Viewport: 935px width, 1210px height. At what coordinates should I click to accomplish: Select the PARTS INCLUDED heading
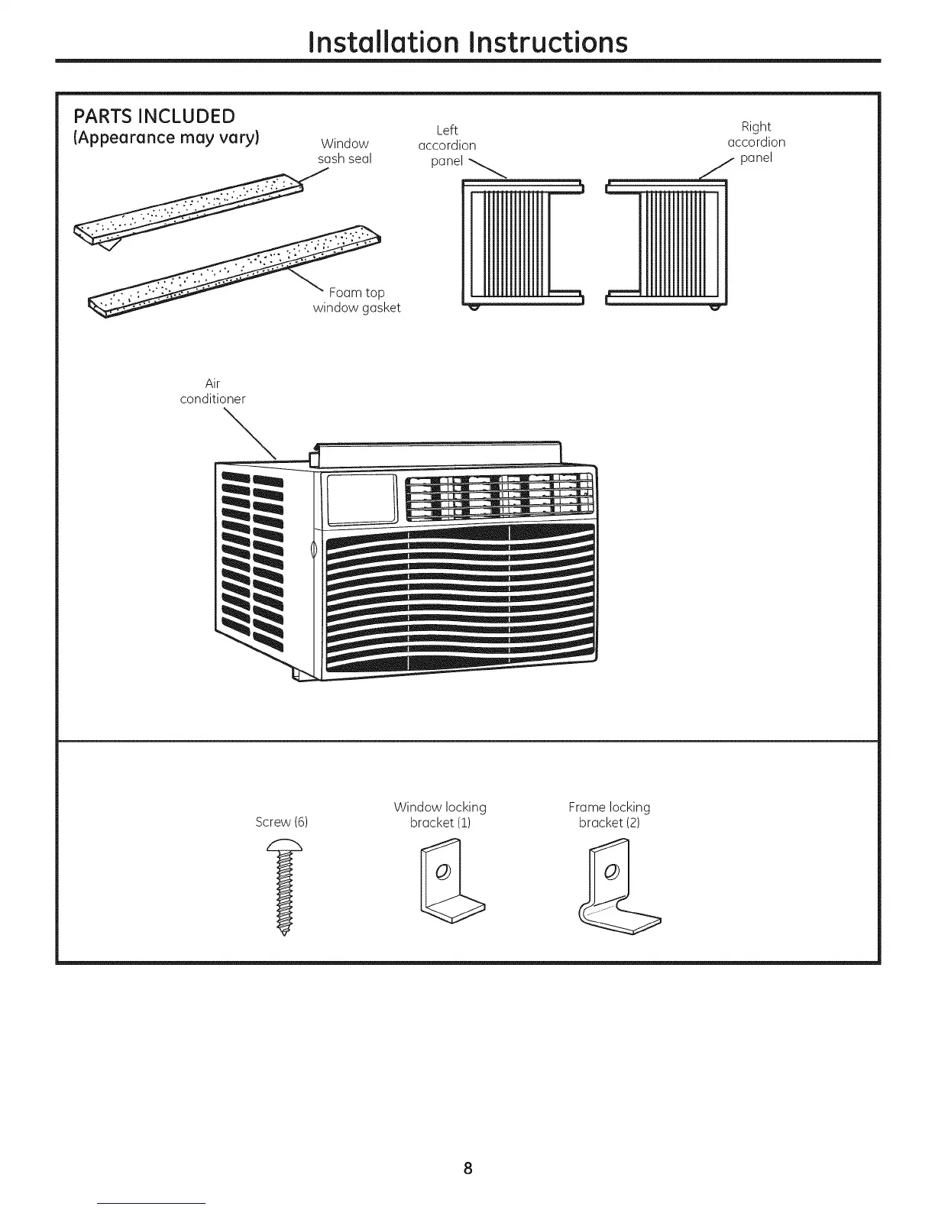(154, 116)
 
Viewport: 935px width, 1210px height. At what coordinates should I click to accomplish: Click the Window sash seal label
(345, 151)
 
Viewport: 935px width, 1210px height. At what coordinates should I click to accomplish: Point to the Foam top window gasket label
(357, 300)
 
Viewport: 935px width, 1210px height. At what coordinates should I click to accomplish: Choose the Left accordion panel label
(447, 145)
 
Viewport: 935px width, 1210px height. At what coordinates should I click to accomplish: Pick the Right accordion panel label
(756, 142)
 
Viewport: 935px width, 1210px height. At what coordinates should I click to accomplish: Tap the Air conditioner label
(212, 391)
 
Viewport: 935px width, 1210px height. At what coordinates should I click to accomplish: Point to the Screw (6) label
(281, 822)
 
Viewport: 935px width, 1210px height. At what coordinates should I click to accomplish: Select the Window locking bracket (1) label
(440, 814)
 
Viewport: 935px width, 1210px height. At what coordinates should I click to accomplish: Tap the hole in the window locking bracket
(442, 872)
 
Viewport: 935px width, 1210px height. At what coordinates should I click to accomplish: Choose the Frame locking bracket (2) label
(609, 814)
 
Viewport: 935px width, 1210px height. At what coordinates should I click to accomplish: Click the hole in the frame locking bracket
(610, 872)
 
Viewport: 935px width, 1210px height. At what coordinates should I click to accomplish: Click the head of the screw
(283, 846)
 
